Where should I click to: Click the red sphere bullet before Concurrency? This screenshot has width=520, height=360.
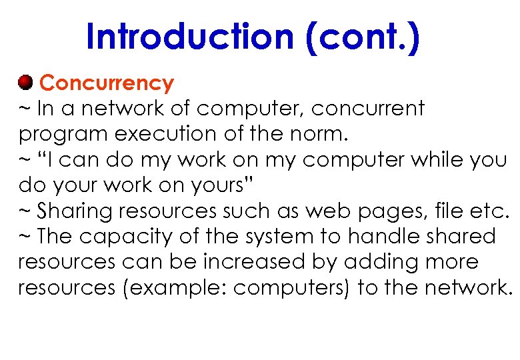point(25,83)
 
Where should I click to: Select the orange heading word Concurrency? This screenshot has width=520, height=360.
point(107,83)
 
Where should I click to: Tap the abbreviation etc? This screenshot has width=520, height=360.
point(490,211)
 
